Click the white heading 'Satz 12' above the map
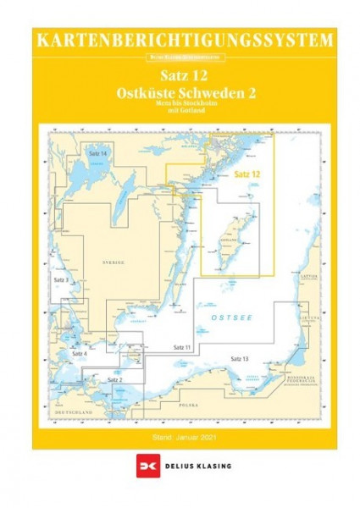[x=180, y=75]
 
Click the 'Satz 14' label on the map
[x=97, y=152]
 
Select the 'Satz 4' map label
[x=80, y=352]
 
